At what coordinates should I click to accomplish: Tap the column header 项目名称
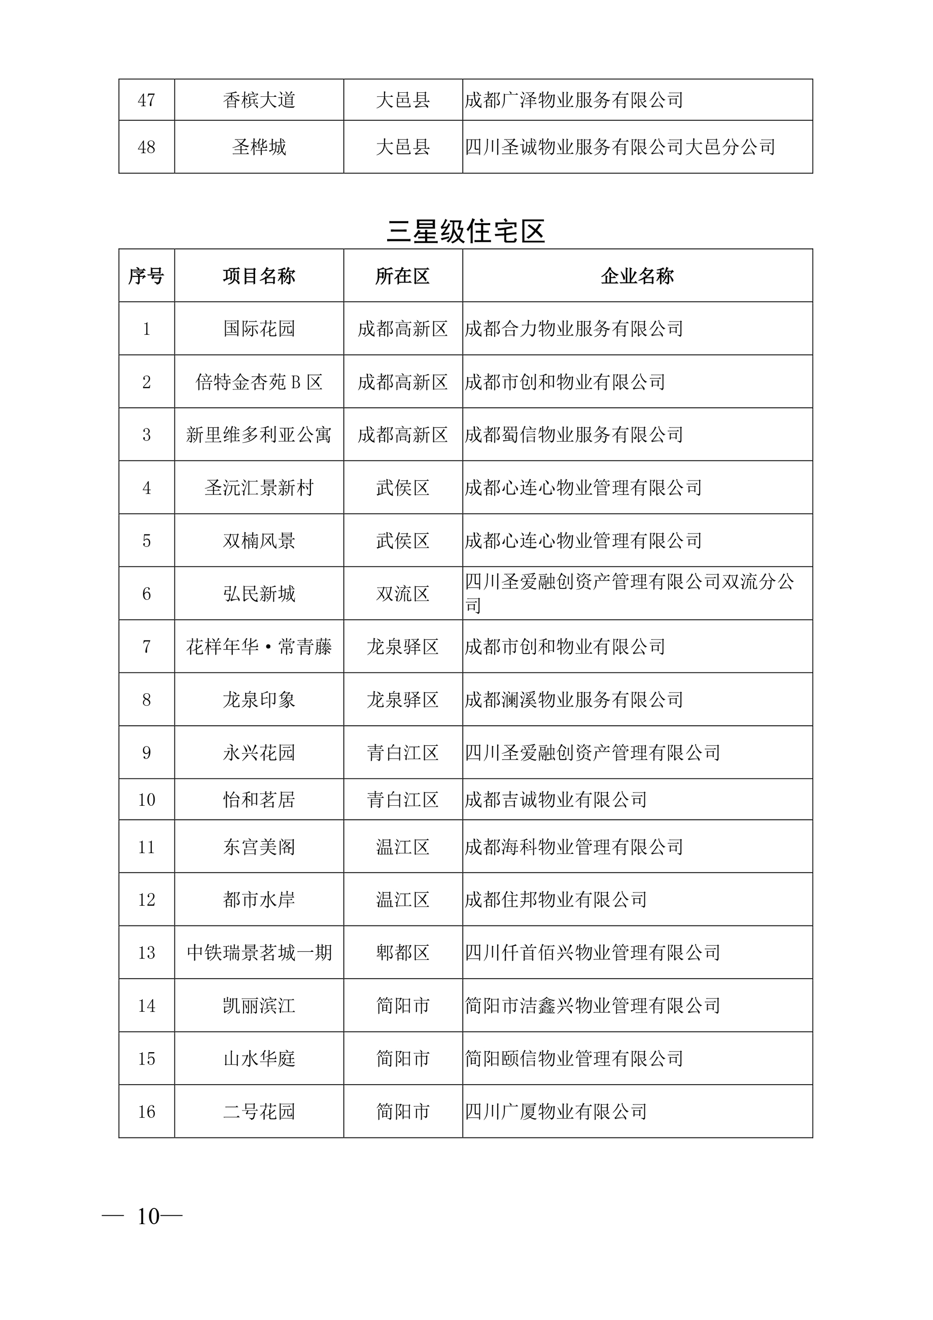tap(259, 276)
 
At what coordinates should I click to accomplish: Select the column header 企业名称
tap(637, 276)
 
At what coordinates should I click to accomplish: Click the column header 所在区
tap(403, 276)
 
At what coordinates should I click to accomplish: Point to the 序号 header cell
tap(146, 276)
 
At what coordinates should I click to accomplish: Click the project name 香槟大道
tap(259, 100)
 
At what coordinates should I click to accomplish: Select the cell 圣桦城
tap(259, 147)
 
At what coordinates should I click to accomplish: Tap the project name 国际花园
tap(259, 329)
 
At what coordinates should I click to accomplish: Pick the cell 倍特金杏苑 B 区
tap(259, 382)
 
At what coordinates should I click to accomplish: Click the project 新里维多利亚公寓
tap(259, 435)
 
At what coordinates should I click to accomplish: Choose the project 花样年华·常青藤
tap(259, 647)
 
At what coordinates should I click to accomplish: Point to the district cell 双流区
tap(403, 594)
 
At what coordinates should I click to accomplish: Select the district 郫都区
tap(403, 953)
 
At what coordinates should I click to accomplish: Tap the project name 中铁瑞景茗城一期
tap(259, 953)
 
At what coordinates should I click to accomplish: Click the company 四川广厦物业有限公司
tap(556, 1111)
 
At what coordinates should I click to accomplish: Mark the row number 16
tap(146, 1111)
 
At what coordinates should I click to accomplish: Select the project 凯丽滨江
tap(259, 1006)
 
